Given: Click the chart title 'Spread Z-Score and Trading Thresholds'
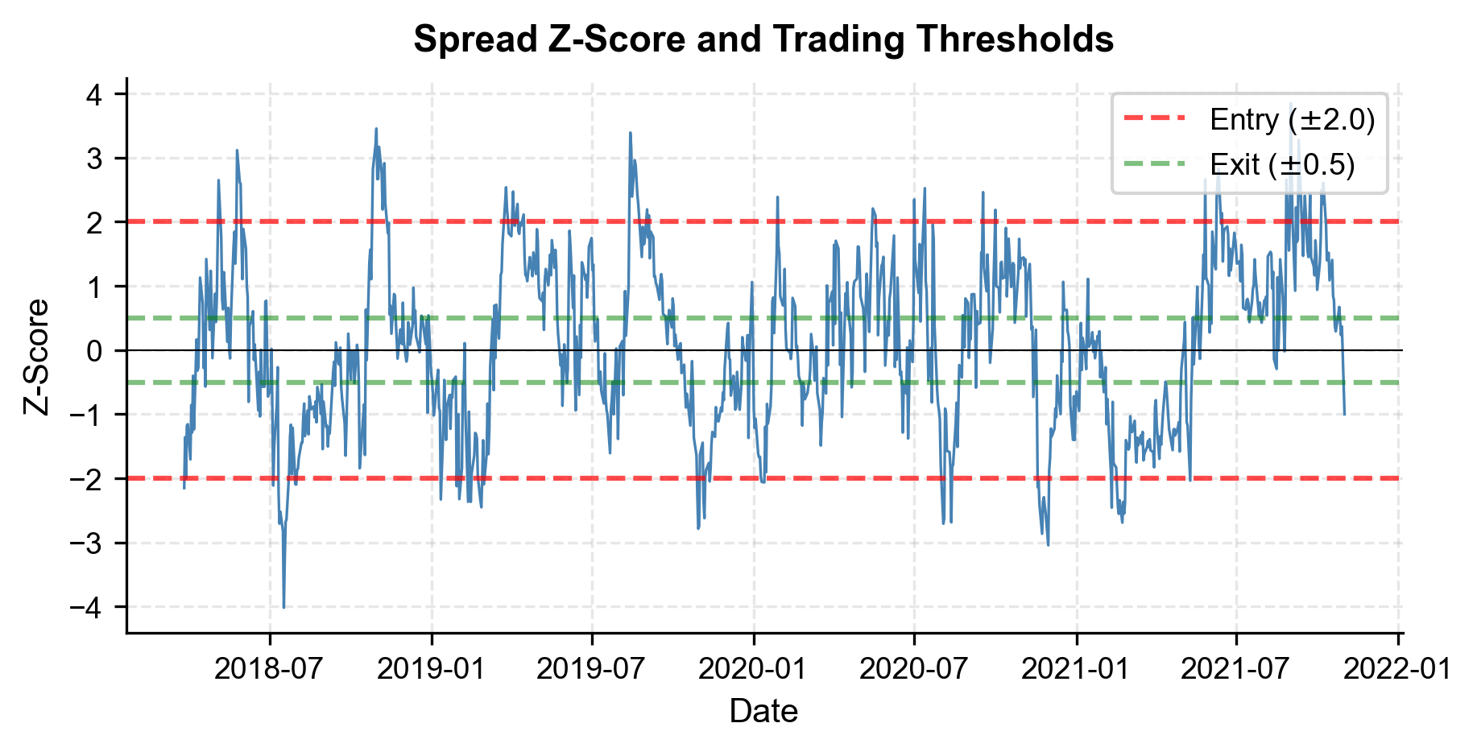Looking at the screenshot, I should [763, 39].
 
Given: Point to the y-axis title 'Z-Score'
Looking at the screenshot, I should [37, 357].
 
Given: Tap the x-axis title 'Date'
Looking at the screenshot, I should [763, 712].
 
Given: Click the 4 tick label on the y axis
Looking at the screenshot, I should [94, 95].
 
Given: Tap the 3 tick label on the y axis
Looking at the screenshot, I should [94, 159].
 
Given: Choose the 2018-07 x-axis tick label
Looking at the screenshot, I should [269, 669].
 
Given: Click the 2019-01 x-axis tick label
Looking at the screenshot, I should [431, 669].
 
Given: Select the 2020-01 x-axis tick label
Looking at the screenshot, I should [753, 669].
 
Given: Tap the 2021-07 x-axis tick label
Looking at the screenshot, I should [1235, 669].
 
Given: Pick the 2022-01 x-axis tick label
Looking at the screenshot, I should [1397, 669].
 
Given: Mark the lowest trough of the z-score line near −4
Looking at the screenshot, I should [283, 606].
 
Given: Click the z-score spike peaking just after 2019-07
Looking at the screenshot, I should [631, 134].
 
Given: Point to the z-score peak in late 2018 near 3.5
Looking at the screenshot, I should [375, 129].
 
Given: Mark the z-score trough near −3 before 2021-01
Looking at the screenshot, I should [1048, 544].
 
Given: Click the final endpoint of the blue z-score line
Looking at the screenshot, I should [1344, 414].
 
